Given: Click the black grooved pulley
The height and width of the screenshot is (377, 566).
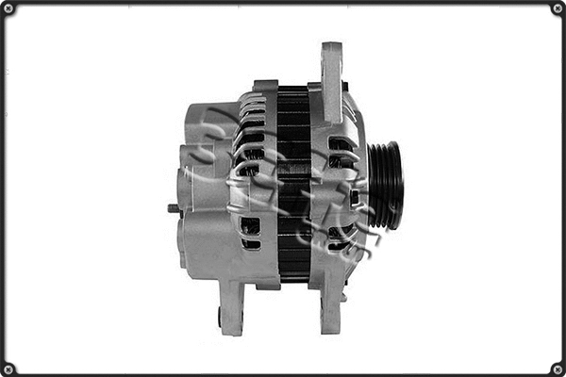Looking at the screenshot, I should pos(385,184).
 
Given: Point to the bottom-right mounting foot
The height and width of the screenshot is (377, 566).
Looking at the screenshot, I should pos(330,306).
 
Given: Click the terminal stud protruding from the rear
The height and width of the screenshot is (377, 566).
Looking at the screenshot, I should pos(174,208).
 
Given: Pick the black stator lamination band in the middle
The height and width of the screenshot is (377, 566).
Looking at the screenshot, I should pos(293,184).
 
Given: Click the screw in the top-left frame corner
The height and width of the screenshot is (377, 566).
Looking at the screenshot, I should pos(8,8).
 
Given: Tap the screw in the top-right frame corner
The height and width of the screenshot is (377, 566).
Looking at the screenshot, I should pos(558,8).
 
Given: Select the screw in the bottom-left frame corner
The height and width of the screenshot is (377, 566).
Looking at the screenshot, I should pos(8,369).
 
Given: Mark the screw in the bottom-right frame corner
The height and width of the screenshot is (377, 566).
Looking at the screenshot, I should pos(558,369).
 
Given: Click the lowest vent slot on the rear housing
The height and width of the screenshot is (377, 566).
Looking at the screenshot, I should pos(251,244).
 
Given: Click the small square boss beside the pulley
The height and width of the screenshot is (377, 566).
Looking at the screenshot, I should pos(355,197).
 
